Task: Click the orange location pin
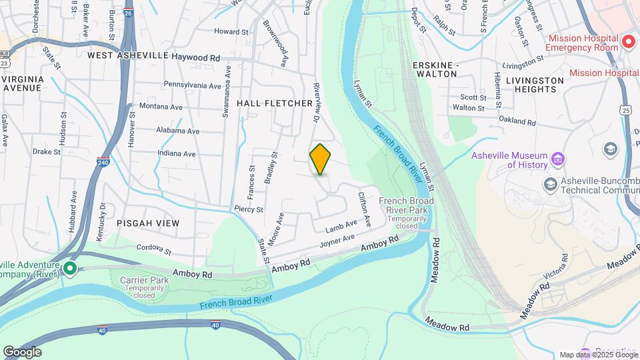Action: (321, 159)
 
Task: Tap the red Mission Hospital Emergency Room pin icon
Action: (627, 43)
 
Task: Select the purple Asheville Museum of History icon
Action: (558, 159)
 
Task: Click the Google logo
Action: (22, 351)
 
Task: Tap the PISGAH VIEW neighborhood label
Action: (148, 223)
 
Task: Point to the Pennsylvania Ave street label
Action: (192, 86)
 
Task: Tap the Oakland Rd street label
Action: (517, 121)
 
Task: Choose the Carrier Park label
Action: (144, 281)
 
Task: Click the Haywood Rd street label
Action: (195, 58)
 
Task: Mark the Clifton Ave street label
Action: (364, 207)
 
